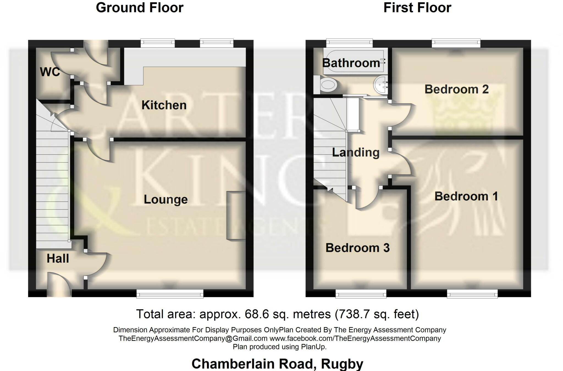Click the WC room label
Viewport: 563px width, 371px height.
50,72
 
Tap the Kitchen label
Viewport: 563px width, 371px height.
164,105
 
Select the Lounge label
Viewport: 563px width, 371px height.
165,199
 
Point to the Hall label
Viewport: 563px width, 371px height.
58,258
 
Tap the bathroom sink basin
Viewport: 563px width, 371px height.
380,84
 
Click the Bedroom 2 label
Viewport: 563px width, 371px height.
456,89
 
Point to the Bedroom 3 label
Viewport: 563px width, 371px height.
357,248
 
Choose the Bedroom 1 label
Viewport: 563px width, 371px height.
466,196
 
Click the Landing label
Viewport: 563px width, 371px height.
356,152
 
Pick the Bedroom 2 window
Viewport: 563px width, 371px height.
456,43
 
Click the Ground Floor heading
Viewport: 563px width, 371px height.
139,8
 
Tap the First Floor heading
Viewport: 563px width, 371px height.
417,8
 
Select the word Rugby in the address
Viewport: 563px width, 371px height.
342,364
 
